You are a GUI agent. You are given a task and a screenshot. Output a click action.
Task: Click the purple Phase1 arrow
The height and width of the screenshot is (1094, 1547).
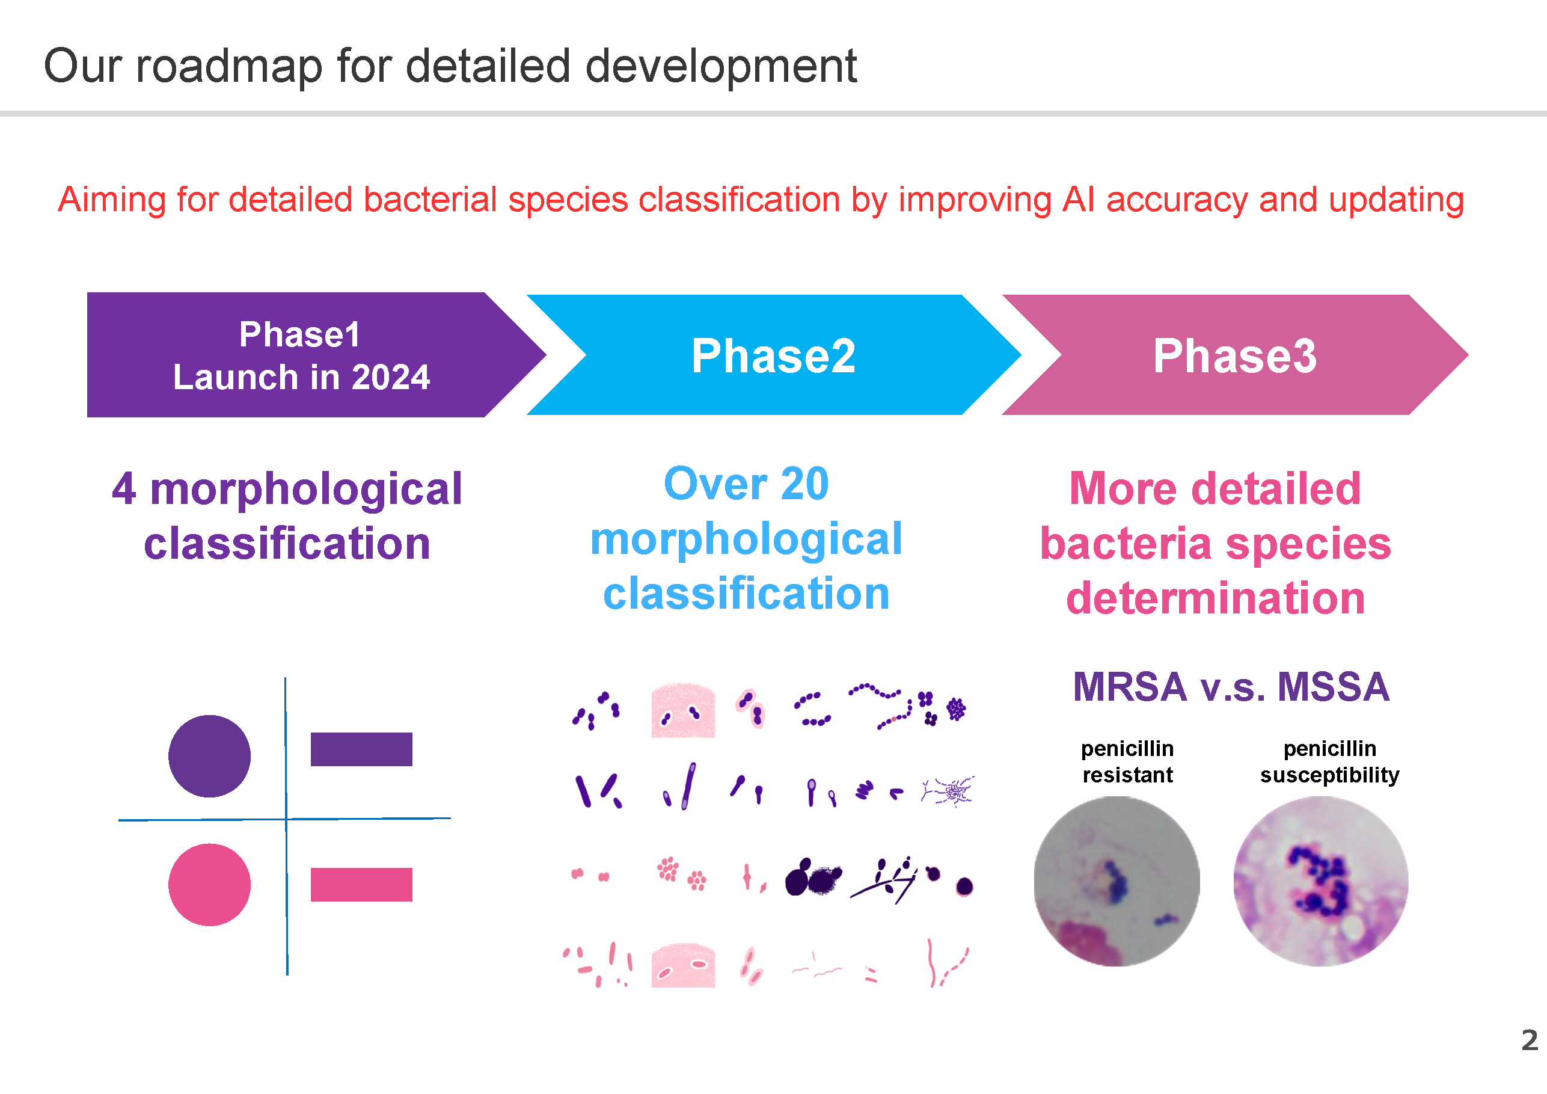point(303,355)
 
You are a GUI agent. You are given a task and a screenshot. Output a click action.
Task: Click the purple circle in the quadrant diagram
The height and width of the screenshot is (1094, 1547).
point(210,756)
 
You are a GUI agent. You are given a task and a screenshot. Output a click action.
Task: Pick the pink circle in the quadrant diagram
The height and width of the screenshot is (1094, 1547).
point(210,884)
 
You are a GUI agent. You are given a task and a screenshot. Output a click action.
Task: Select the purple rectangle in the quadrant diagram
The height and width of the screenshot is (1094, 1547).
point(361,749)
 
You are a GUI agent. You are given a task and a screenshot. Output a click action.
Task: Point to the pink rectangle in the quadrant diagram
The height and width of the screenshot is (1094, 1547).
point(361,884)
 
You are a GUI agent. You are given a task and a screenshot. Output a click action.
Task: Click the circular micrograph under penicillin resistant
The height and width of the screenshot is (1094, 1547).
point(1117,882)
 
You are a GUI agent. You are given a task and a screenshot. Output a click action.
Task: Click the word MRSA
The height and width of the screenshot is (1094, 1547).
point(1130,687)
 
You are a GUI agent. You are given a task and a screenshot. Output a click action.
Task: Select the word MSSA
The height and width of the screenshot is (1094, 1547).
point(1334,687)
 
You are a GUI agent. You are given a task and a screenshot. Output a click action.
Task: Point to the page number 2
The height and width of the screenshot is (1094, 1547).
point(1530,1040)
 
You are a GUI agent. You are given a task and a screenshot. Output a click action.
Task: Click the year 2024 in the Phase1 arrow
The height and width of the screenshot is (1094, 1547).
point(391,377)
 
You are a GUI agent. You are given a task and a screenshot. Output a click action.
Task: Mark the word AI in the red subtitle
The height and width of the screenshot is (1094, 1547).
point(1079,200)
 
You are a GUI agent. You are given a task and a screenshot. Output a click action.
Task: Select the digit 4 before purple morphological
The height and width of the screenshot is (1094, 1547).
point(124,489)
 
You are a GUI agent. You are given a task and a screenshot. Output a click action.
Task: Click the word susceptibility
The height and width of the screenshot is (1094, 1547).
point(1329,775)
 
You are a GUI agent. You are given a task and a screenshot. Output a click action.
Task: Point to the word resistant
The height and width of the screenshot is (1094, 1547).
point(1127,775)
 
